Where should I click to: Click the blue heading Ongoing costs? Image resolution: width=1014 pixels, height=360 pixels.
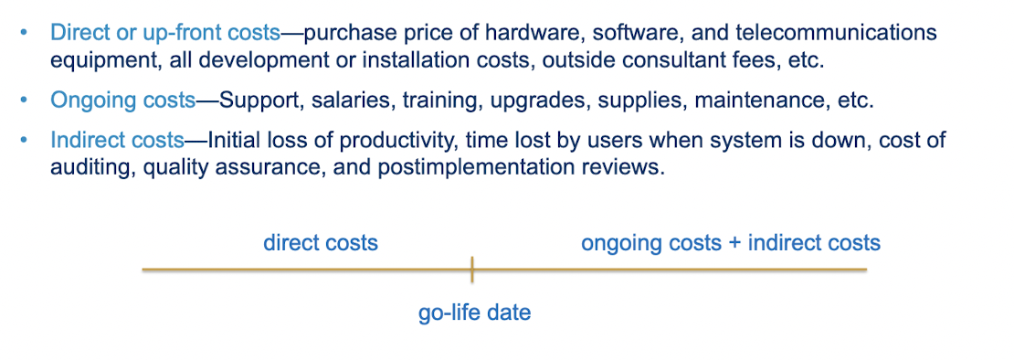coord(123,101)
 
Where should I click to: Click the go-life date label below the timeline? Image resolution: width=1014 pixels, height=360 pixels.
coord(475,313)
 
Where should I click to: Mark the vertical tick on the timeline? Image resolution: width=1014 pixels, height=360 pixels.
coord(472,269)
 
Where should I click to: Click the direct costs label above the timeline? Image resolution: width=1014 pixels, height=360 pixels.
coord(321,243)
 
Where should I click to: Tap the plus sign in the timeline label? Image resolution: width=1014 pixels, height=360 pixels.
coord(734,244)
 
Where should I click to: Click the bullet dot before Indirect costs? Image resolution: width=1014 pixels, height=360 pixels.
coord(25,140)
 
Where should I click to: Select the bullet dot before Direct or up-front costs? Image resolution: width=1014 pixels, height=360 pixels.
coord(25,32)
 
